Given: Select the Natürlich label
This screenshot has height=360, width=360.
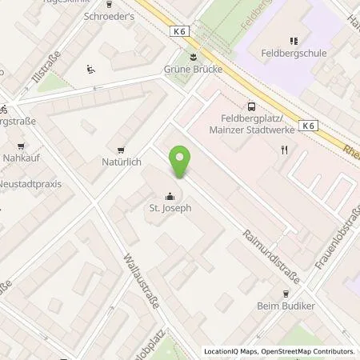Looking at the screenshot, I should point(122,162).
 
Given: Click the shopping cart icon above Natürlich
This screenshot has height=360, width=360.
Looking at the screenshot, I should point(121,149).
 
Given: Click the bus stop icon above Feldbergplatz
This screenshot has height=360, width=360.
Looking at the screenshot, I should point(252,106).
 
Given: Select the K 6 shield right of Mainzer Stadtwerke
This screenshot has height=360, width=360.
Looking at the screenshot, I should point(308,125).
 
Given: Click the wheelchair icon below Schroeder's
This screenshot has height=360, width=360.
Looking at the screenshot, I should point(91,70).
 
